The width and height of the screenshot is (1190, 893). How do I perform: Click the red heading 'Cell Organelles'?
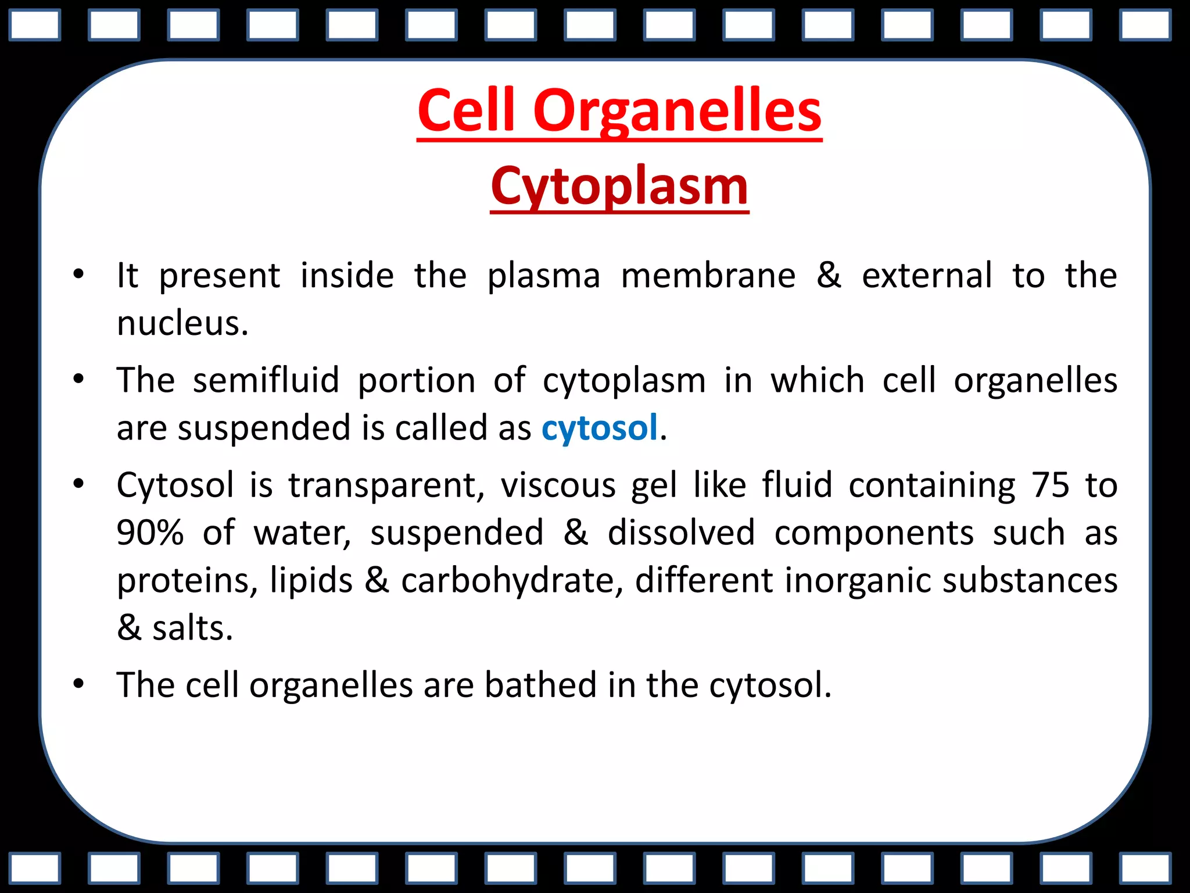click(x=619, y=110)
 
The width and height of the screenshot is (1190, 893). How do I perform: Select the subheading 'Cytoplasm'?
click(x=619, y=187)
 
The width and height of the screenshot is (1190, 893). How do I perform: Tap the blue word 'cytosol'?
click(x=599, y=428)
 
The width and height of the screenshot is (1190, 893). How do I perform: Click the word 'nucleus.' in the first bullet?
click(x=182, y=323)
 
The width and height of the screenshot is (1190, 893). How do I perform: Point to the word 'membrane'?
click(x=708, y=276)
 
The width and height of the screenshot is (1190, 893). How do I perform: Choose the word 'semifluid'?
click(x=266, y=381)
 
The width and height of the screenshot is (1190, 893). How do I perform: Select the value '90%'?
click(x=150, y=533)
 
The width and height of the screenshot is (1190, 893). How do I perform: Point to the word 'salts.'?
click(x=192, y=628)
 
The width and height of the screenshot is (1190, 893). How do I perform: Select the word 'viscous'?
click(x=558, y=485)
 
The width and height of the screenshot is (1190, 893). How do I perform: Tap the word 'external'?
click(x=927, y=276)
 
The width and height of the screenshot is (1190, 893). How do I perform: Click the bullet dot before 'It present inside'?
click(x=78, y=274)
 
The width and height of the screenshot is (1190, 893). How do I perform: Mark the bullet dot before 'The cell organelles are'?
click(x=78, y=684)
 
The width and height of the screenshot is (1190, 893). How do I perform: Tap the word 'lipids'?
click(x=311, y=581)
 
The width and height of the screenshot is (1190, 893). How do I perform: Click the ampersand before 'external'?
click(x=829, y=276)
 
